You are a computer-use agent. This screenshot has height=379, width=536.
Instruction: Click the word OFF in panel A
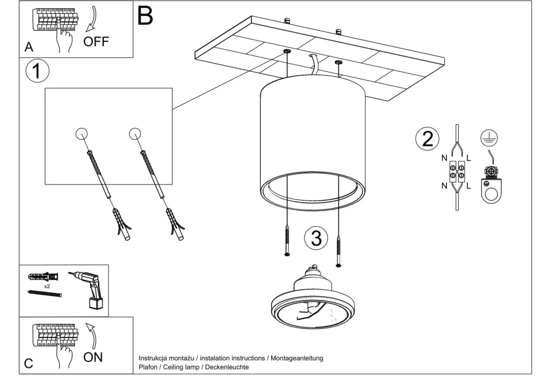97,41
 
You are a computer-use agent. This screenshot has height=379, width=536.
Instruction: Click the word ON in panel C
93,357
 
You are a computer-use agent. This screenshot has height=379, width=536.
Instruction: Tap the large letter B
145,16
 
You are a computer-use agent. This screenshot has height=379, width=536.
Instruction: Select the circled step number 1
37,71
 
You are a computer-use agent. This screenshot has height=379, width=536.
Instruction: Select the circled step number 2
427,139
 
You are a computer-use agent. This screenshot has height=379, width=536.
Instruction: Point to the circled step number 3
316,239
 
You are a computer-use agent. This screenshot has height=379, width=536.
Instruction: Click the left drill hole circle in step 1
81,134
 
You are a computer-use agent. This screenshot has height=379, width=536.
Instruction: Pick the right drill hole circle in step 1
135,133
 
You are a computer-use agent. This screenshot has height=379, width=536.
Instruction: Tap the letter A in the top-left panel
29,48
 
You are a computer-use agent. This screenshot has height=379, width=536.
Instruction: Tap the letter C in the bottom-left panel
29,364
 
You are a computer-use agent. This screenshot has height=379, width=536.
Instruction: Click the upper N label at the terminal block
444,158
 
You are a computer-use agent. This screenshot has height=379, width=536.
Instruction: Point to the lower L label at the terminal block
469,186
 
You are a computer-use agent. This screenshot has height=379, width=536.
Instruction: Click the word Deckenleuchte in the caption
227,367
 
